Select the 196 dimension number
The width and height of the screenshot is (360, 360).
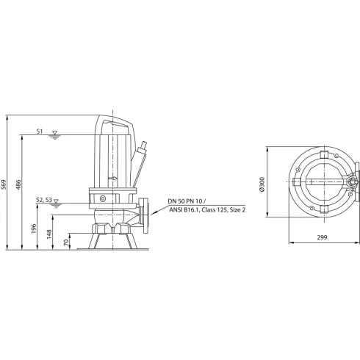pyautogui.click(x=35, y=228)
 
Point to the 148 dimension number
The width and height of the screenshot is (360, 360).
pyautogui.click(x=50, y=234)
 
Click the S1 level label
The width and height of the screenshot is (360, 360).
pyautogui.click(x=40, y=132)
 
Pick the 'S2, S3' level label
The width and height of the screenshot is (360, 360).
pyautogui.click(x=43, y=199)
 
